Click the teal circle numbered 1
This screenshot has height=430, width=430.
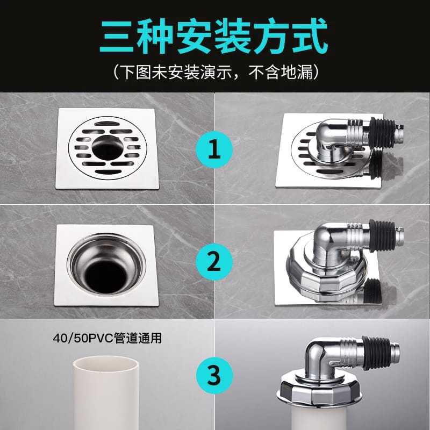click(x=214, y=149)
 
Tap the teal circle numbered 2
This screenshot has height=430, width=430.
click(x=214, y=262)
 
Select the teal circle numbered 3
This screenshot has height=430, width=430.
click(x=214, y=375)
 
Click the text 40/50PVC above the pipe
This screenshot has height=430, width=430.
click(x=83, y=338)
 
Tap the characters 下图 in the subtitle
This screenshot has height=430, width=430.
click(x=135, y=73)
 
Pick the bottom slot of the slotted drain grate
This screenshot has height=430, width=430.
click(x=109, y=172)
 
